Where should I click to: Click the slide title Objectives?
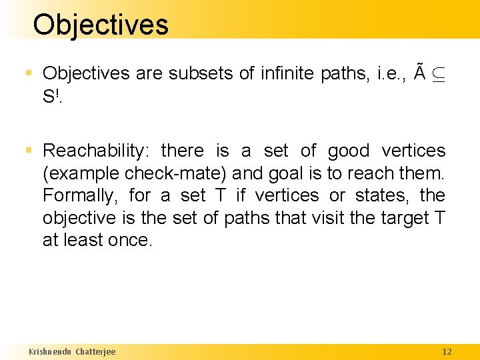tap(101, 25)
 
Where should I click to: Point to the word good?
tap(348, 151)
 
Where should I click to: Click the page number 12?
tap(447, 351)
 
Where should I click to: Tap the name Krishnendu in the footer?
tap(50, 351)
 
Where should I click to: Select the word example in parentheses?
tap(83, 173)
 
